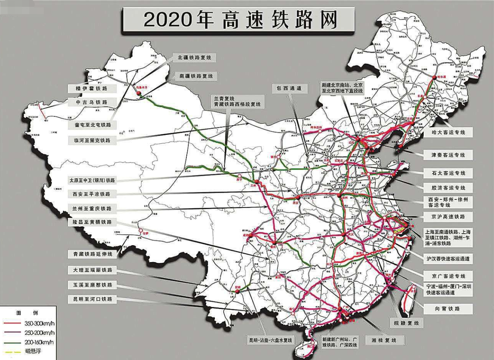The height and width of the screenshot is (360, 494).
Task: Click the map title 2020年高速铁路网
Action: pyautogui.click(x=240, y=20)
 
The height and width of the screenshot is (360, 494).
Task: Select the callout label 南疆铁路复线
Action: pyautogui.click(x=196, y=76)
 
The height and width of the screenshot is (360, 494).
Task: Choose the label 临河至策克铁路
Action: pyautogui.click(x=92, y=140)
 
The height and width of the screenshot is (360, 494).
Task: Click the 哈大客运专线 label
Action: pyautogui.click(x=448, y=132)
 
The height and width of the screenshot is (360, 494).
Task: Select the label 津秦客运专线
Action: pyautogui.click(x=448, y=155)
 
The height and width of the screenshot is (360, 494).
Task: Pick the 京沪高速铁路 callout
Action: pyautogui.click(x=448, y=216)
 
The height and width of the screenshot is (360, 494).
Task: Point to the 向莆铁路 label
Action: pyautogui.click(x=448, y=309)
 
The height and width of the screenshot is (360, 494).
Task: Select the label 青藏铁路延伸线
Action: pyautogui.click(x=93, y=254)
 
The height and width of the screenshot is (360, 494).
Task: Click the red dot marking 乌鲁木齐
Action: pyautogui.click(x=139, y=94)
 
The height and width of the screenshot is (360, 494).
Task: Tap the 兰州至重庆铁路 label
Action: pyautogui.click(x=92, y=208)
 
